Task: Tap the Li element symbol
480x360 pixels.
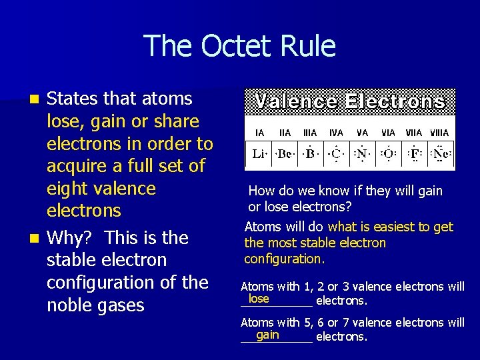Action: [x=259, y=154]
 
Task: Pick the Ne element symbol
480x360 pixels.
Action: [x=440, y=154]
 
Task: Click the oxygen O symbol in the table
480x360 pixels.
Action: [x=388, y=154]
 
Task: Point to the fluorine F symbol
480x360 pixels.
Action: [x=415, y=154]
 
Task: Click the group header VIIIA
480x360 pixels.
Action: [x=440, y=133]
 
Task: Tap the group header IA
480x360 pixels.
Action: [x=259, y=133]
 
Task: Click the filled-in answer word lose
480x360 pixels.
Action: [x=259, y=299]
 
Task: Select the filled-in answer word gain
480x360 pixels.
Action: [x=267, y=335]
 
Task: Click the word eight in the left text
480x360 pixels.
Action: [x=67, y=189]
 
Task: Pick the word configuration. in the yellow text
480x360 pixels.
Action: [x=284, y=259]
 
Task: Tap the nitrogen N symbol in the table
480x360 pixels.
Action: [x=362, y=154]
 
